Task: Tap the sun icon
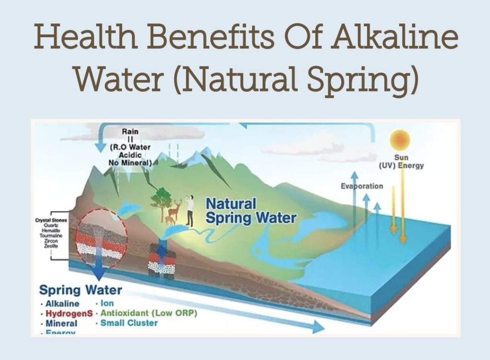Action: [401, 140]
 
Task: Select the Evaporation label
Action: [362, 186]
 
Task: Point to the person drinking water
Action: [190, 210]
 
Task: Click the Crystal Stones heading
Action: [51, 220]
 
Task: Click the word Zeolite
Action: [51, 246]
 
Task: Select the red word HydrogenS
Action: [69, 314]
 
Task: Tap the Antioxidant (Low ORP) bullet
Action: [149, 313]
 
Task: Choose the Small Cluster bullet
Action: [129, 323]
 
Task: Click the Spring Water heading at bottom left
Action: [80, 290]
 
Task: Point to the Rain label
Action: [130, 131]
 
